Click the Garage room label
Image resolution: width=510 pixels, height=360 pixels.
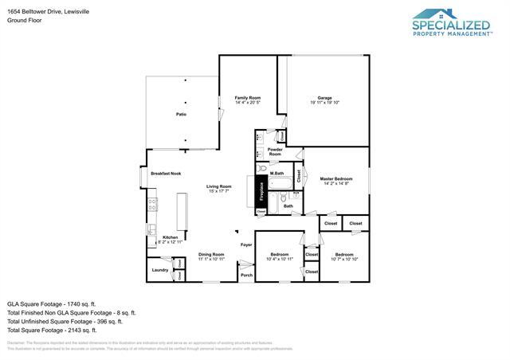tap(324, 100)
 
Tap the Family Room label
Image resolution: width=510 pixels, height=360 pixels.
tap(247, 100)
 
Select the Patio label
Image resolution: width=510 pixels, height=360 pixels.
tap(181, 115)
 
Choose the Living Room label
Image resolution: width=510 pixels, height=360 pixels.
tap(219, 189)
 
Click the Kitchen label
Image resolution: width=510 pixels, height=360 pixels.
tap(171, 239)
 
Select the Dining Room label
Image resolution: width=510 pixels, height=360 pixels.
tap(211, 256)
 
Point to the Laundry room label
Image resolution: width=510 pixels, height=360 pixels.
tap(159, 271)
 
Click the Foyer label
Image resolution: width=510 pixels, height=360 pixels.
tap(246, 245)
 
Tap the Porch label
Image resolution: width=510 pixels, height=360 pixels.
tap(246, 275)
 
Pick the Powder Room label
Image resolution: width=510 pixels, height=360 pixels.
tap(275, 152)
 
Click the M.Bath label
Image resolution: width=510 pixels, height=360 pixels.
tap(277, 173)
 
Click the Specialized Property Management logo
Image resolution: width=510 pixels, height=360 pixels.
tap(451, 22)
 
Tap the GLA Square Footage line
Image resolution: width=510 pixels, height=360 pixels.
tap(51, 304)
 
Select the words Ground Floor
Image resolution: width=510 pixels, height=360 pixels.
tap(23, 21)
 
